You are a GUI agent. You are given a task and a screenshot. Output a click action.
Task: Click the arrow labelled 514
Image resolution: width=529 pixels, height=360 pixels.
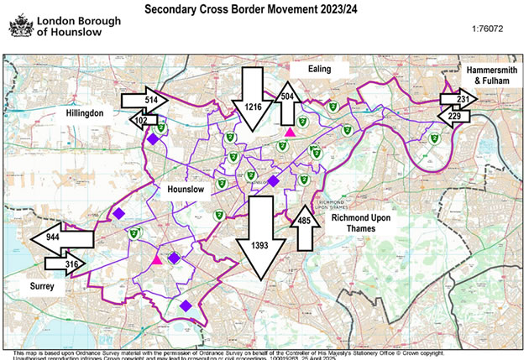[x=139, y=100]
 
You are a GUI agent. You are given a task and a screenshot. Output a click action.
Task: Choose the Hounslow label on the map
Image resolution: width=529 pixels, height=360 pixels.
[x=186, y=190]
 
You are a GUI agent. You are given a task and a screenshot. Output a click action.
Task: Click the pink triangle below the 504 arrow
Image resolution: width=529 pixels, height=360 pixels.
[x=290, y=132]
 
